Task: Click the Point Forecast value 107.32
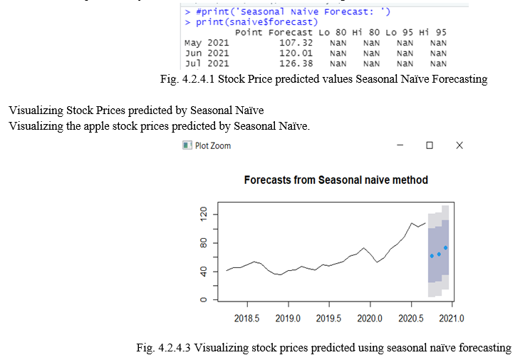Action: (x=296, y=43)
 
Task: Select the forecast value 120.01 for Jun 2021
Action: (x=296, y=53)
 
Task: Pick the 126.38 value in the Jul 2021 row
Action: (x=296, y=63)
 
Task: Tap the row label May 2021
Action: (x=207, y=43)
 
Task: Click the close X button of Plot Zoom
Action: (x=459, y=145)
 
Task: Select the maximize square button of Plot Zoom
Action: (x=430, y=145)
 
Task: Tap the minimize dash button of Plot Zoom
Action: (x=400, y=145)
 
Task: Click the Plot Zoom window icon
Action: (x=187, y=145)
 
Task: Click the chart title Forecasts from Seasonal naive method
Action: (x=336, y=180)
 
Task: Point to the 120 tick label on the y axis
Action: (x=203, y=214)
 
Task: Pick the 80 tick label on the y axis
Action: (x=203, y=242)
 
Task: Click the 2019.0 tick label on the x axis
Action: (x=288, y=318)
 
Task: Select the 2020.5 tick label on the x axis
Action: (x=411, y=318)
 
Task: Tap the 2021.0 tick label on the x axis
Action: (x=452, y=318)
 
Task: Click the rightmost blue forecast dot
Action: (x=446, y=247)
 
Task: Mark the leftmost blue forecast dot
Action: (x=432, y=256)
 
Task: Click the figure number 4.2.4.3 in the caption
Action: (x=175, y=348)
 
